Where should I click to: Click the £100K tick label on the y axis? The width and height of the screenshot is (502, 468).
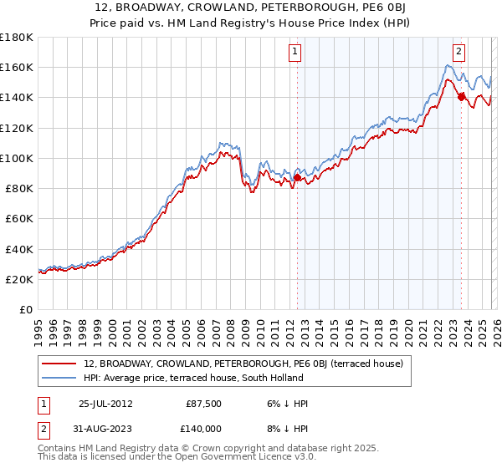17,158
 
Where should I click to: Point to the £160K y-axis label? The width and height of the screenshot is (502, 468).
17,67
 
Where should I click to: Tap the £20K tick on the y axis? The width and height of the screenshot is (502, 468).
19,280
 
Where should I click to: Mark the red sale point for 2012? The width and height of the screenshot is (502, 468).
297,177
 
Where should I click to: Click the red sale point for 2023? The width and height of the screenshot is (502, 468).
461,97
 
